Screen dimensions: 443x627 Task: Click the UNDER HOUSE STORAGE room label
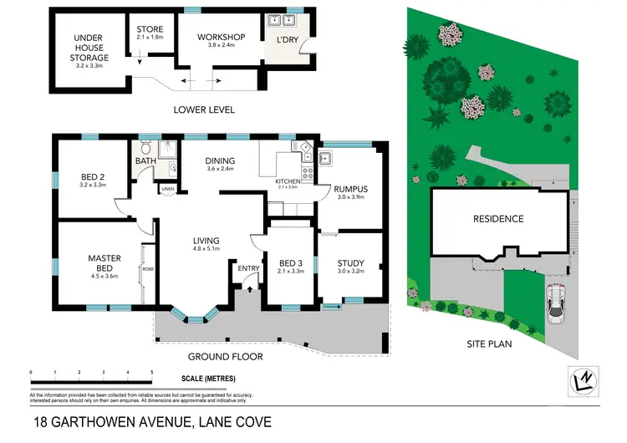[x=91, y=48]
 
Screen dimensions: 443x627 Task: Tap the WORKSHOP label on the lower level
[x=221, y=38]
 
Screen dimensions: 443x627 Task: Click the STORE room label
[x=150, y=28]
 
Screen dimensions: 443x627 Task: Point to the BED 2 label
[x=92, y=176]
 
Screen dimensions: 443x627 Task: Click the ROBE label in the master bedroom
[x=147, y=269]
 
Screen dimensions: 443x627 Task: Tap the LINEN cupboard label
[x=168, y=190]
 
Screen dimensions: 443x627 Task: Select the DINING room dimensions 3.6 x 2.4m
[x=221, y=169]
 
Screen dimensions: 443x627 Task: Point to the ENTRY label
[x=248, y=268]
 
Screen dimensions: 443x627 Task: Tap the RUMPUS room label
[x=350, y=189]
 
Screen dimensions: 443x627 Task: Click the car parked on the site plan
[x=556, y=303]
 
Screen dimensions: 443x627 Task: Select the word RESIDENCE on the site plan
[x=498, y=219]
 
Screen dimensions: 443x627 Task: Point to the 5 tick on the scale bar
[x=151, y=372]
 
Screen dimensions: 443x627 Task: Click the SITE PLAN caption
[x=490, y=344]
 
